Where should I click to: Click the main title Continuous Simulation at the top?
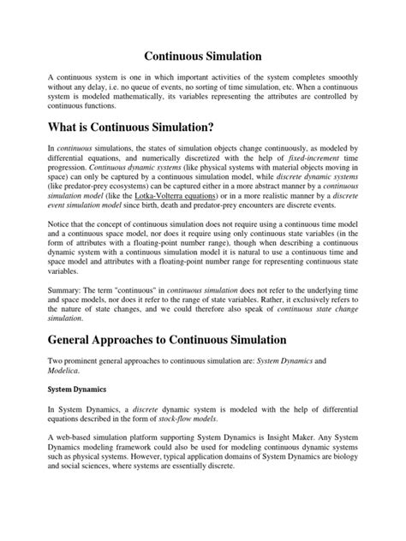click(202, 56)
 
